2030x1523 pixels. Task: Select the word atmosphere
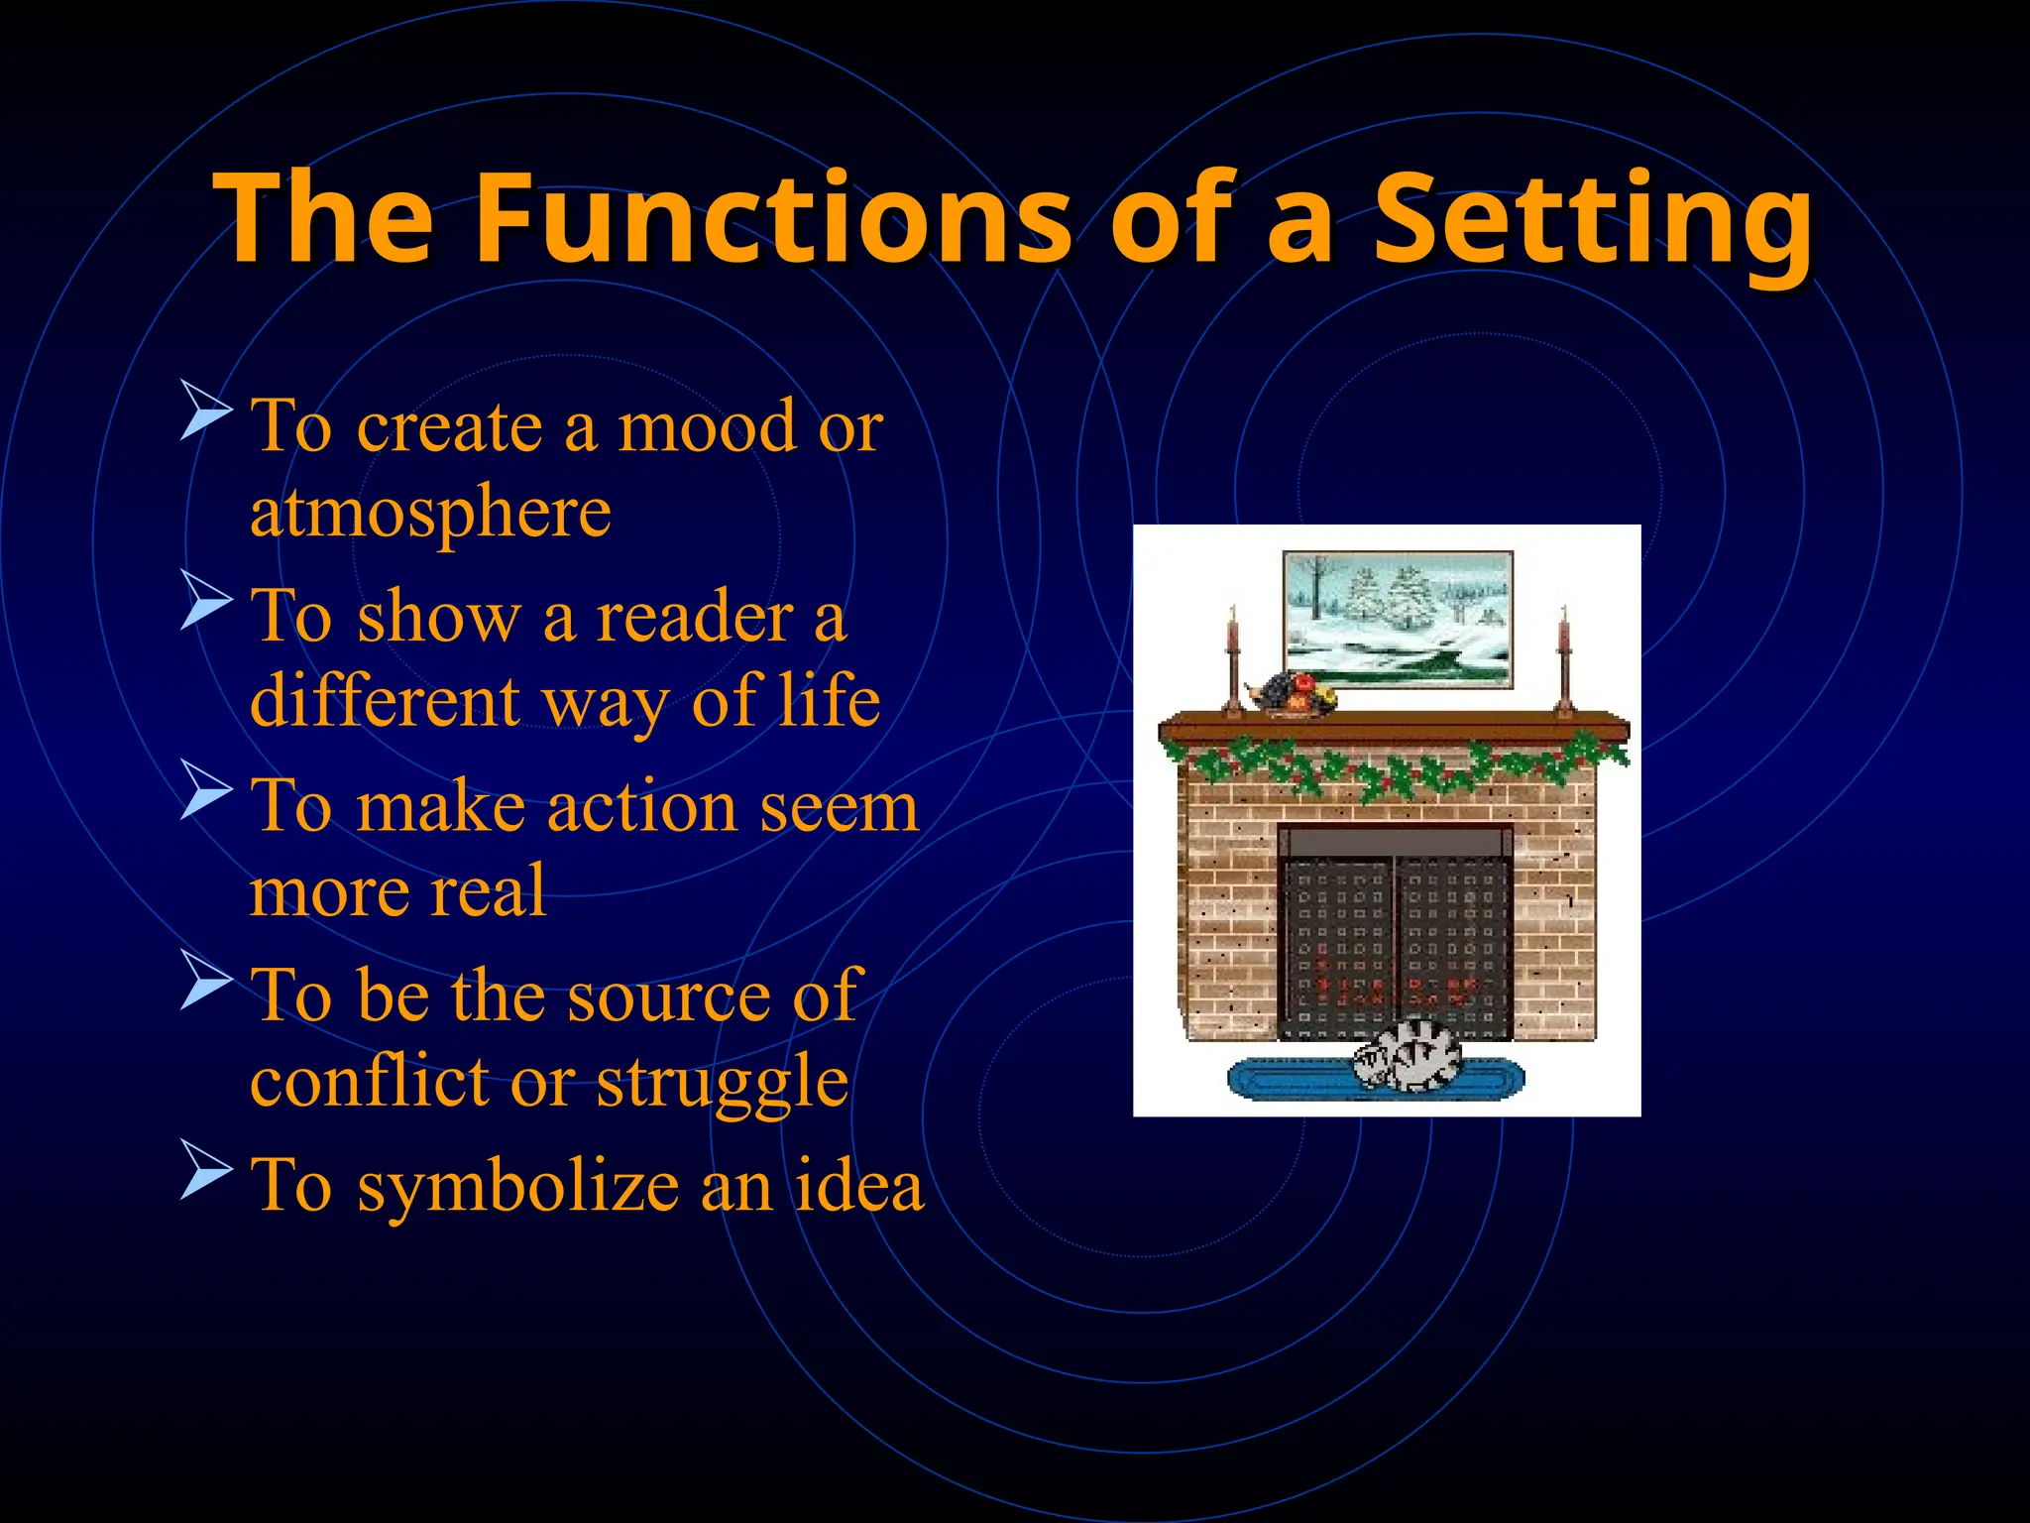click(x=430, y=514)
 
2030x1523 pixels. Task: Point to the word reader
click(x=695, y=618)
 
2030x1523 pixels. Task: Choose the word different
click(x=385, y=701)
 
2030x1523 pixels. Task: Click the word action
click(x=643, y=807)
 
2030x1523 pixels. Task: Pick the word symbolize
click(x=517, y=1188)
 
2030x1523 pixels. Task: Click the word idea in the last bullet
click(x=858, y=1186)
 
